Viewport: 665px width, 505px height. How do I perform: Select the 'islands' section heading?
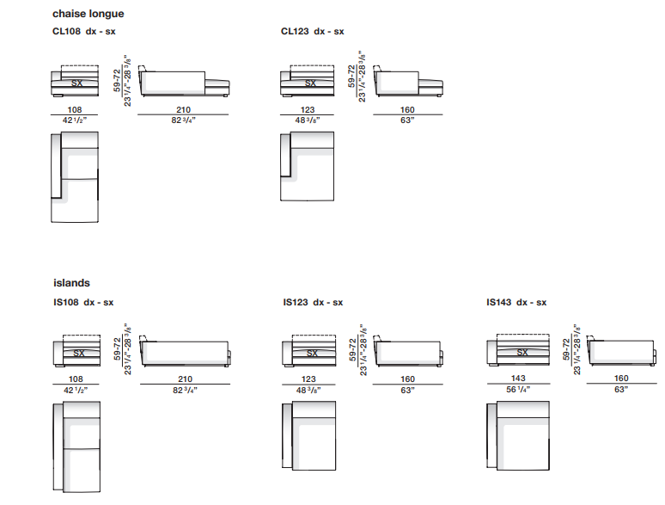pyautogui.click(x=70, y=283)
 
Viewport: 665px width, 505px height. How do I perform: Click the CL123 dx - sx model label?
pyautogui.click(x=312, y=32)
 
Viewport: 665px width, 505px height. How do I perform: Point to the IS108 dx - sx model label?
pyautogui.click(x=82, y=302)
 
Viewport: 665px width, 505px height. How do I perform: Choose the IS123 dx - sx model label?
pyautogui.click(x=313, y=302)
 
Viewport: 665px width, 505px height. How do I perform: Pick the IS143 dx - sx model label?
pyautogui.click(x=516, y=302)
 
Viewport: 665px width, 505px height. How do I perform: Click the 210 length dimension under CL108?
pyautogui.click(x=182, y=109)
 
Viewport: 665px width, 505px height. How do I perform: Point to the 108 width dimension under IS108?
pyautogui.click(x=76, y=379)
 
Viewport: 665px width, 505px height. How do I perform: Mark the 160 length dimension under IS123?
pyautogui.click(x=407, y=379)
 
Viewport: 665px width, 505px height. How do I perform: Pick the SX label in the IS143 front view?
pyautogui.click(x=522, y=353)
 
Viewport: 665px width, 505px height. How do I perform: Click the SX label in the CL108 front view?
pyautogui.click(x=77, y=83)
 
